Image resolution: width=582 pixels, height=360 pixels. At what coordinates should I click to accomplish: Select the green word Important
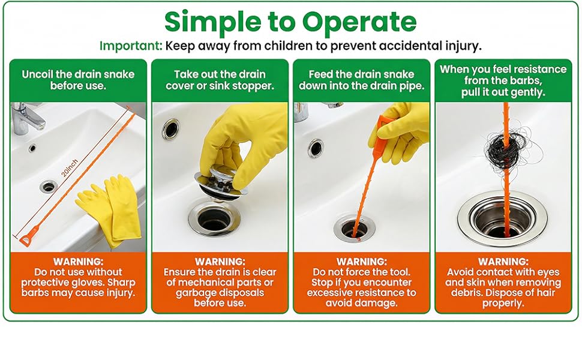coord(131,46)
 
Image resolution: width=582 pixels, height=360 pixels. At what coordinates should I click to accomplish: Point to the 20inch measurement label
coord(70,168)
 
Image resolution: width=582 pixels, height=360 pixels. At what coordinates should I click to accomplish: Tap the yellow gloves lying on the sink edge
coord(109,209)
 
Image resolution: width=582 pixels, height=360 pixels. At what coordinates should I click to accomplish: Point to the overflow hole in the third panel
coord(315,148)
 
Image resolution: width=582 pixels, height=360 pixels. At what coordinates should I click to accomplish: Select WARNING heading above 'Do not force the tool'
coord(362,262)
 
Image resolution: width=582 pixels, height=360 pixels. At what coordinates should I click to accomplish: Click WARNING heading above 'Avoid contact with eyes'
coord(503,262)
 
